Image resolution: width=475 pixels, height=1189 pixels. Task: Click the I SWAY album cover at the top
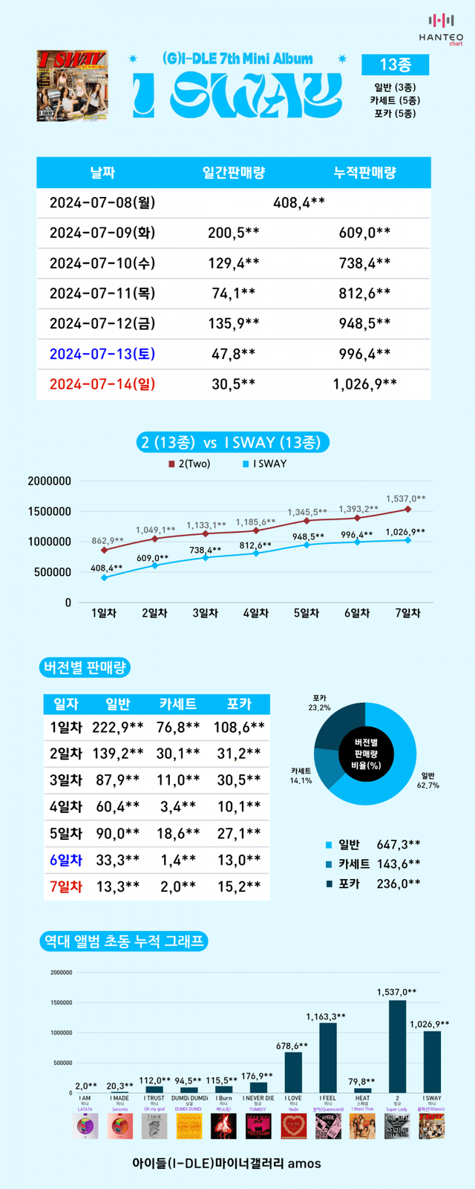click(72, 85)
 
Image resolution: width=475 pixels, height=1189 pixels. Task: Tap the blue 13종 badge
click(395, 65)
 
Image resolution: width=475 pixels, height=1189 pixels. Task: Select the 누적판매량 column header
click(364, 172)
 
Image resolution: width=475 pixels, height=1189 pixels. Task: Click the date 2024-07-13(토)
click(102, 354)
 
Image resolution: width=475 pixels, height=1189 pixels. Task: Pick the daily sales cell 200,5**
click(234, 233)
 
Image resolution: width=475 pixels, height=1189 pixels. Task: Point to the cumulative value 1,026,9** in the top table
click(364, 384)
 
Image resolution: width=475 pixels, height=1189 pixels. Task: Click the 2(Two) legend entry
click(189, 464)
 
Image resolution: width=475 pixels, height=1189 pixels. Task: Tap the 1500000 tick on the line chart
click(50, 511)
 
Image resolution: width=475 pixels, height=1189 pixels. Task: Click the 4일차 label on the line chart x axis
click(256, 613)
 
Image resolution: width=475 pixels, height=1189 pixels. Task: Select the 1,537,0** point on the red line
click(408, 509)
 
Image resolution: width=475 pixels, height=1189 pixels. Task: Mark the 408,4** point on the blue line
click(104, 577)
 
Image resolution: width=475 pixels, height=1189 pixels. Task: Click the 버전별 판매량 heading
click(84, 667)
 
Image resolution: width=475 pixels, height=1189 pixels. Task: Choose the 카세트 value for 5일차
click(178, 834)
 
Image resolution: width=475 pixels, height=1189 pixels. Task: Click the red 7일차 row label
click(66, 887)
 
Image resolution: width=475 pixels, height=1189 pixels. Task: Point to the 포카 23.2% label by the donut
click(320, 703)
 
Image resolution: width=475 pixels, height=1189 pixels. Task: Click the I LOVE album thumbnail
click(294, 1126)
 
